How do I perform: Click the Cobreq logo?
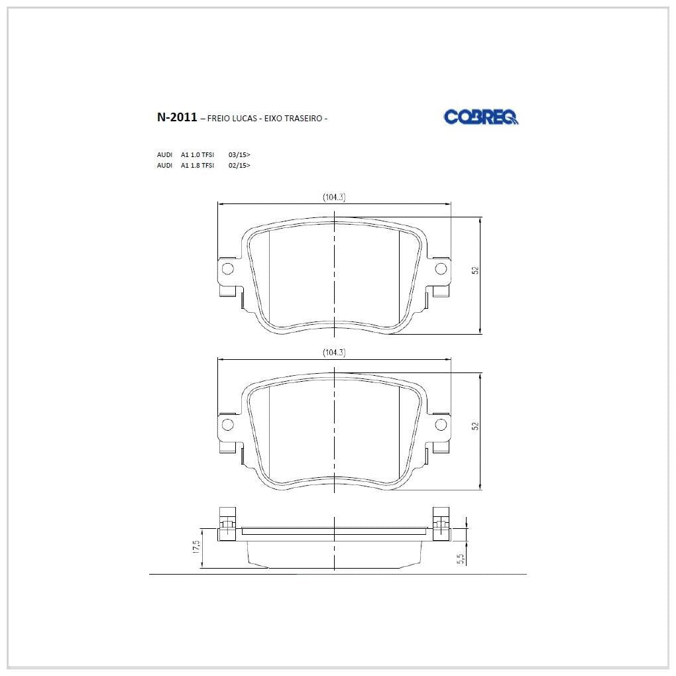tap(481, 117)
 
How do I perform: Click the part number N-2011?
tap(177, 117)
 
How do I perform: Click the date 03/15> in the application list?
tap(239, 154)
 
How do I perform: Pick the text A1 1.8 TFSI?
tap(197, 165)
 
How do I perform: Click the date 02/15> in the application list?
tap(239, 165)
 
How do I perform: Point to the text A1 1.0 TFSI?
tap(197, 154)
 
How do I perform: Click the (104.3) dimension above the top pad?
tap(334, 197)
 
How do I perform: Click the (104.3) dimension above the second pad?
tap(334, 352)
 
